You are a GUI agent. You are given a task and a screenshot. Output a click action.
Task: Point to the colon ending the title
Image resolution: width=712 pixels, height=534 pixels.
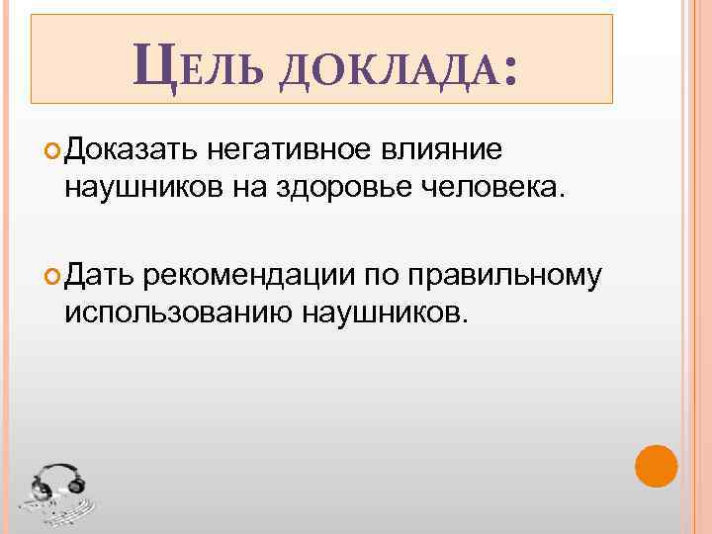[509, 69]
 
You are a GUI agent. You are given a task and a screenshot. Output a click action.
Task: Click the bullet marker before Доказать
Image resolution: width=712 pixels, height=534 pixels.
[53, 151]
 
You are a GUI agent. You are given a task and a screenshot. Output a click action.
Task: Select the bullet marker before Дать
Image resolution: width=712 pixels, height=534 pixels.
[53, 277]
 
